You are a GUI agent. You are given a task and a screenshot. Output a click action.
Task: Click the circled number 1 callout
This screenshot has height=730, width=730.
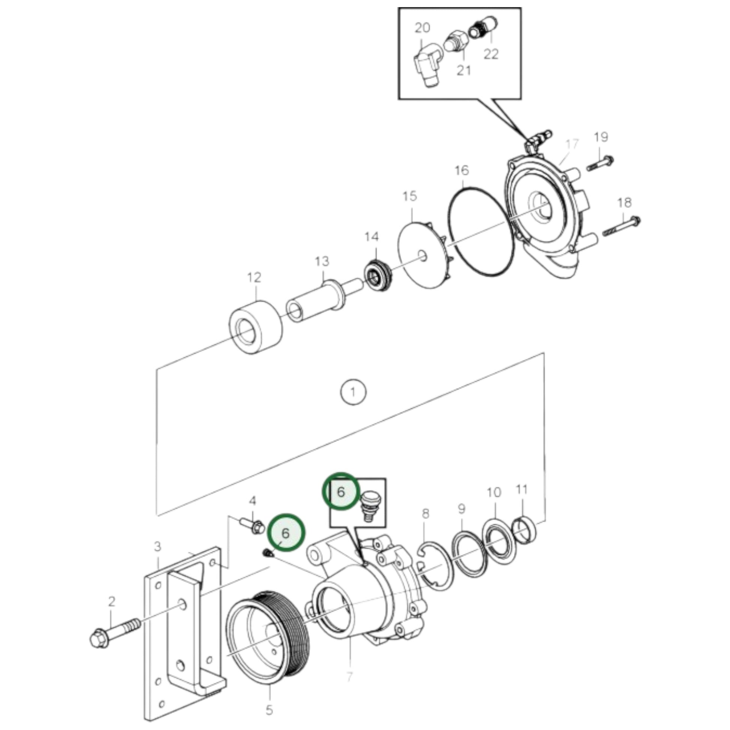(x=353, y=392)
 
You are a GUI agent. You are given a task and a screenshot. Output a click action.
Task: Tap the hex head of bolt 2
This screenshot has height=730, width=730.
(x=99, y=638)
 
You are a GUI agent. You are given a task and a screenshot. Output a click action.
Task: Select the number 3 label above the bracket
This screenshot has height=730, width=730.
(x=157, y=546)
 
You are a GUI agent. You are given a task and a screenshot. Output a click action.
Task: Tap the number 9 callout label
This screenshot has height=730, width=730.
(x=462, y=509)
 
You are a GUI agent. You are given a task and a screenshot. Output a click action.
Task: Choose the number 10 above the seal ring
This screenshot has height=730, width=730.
(x=494, y=493)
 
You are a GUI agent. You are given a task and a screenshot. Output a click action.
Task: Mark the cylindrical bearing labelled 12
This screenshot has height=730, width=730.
(x=256, y=327)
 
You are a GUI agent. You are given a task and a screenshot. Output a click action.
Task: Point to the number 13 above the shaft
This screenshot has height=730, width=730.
(x=322, y=261)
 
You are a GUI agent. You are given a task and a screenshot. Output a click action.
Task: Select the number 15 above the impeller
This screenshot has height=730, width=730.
(x=410, y=197)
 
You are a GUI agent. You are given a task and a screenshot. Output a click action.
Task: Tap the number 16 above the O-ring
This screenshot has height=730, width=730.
(x=461, y=170)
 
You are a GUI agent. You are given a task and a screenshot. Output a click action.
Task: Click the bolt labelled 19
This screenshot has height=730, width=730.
(x=601, y=163)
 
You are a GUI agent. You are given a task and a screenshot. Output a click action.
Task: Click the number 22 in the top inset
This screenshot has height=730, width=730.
(x=491, y=54)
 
